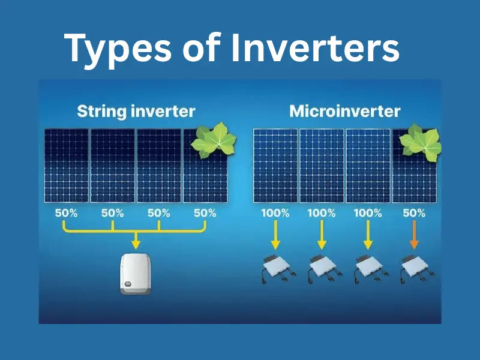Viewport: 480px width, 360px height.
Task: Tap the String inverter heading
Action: click(x=136, y=111)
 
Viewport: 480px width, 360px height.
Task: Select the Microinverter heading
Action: click(x=345, y=111)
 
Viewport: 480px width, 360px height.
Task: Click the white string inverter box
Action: click(x=134, y=274)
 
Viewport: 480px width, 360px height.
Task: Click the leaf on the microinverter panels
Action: click(x=420, y=143)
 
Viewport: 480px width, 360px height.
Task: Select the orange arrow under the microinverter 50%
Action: click(x=413, y=237)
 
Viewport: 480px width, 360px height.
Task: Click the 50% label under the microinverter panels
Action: click(x=414, y=213)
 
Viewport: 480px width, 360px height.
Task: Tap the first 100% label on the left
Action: click(x=275, y=213)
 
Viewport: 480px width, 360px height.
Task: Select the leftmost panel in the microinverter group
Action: click(x=275, y=165)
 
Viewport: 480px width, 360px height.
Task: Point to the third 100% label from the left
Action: click(x=367, y=213)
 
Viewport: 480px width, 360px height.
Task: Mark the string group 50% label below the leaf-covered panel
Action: click(x=205, y=213)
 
